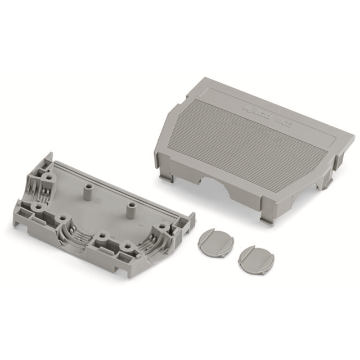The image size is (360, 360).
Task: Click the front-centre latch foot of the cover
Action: click(x=267, y=219)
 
